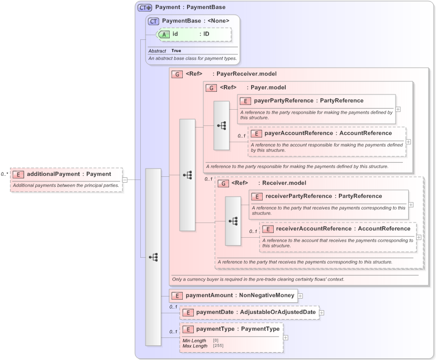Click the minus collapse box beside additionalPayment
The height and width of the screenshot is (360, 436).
(125, 179)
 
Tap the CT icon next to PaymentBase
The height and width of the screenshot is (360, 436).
(153, 21)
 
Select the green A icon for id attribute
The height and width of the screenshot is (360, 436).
(164, 34)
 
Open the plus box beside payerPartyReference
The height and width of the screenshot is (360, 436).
(398, 109)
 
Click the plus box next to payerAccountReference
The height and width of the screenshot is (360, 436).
(409, 142)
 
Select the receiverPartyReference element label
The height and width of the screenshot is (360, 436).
(298, 196)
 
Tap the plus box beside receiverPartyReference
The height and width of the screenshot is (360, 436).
(411, 205)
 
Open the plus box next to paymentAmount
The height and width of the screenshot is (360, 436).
(300, 296)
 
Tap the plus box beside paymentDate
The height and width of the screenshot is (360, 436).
(321, 313)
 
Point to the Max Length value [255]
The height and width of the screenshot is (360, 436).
(217, 346)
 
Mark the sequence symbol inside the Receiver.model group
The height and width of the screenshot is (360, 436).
(233, 221)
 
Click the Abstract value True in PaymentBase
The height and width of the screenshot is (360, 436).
(176, 51)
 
